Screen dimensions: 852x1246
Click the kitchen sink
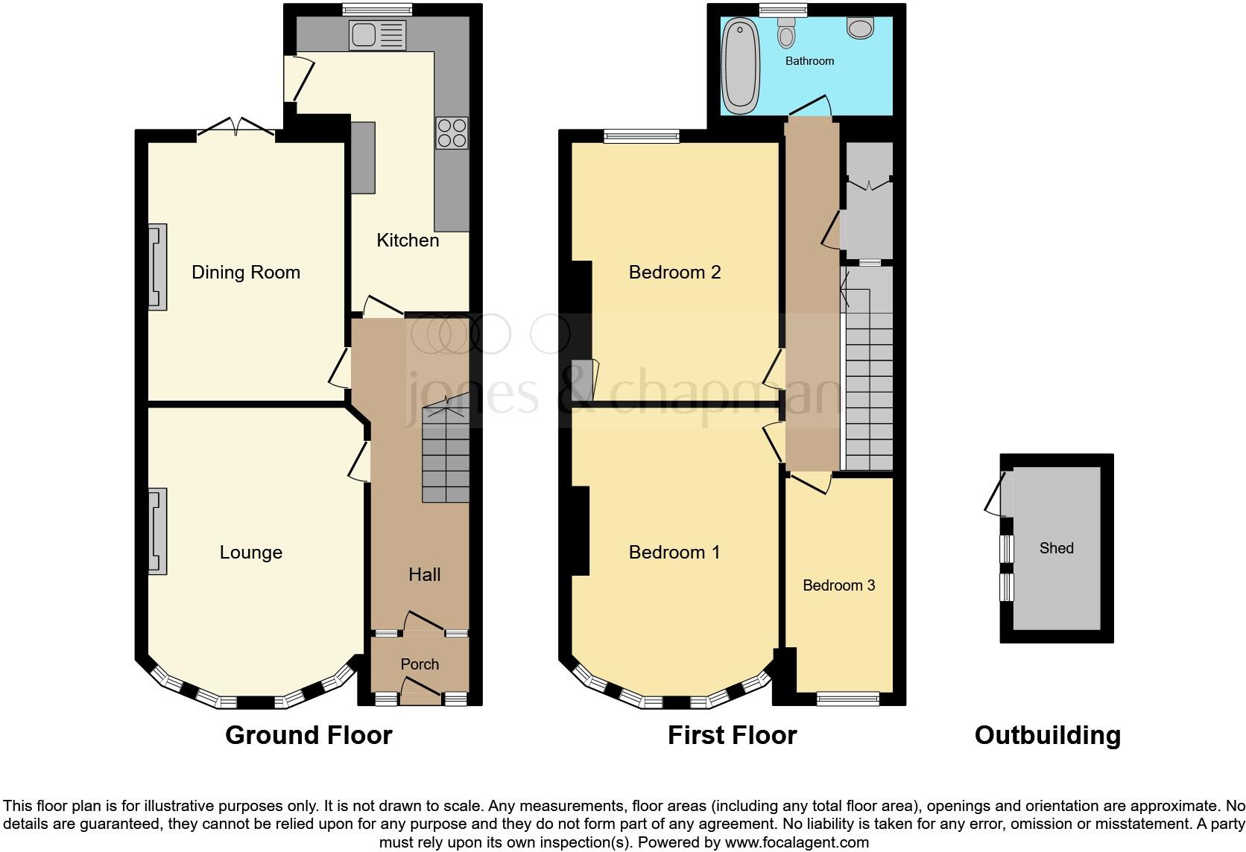pyautogui.click(x=378, y=35)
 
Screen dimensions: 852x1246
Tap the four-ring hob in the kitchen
pyautogui.click(x=452, y=133)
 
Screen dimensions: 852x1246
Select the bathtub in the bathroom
pyautogui.click(x=740, y=66)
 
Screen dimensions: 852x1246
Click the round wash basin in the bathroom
pyautogui.click(x=861, y=28)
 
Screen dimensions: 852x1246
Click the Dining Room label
pyautogui.click(x=245, y=273)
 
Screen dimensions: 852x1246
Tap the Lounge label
pyautogui.click(x=250, y=553)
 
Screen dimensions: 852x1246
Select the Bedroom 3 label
pyautogui.click(x=838, y=585)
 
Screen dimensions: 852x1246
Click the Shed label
pyautogui.click(x=1056, y=548)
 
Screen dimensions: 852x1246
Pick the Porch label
pyautogui.click(x=420, y=664)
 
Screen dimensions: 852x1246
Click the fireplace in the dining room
pyautogui.click(x=156, y=267)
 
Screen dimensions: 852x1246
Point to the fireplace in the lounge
pyautogui.click(x=156, y=531)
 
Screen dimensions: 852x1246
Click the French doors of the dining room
pyautogui.click(x=236, y=128)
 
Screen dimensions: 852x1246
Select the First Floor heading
pyautogui.click(x=732, y=735)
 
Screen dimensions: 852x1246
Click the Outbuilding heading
pyautogui.click(x=1047, y=735)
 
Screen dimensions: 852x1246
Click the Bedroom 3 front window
pyautogui.click(x=848, y=699)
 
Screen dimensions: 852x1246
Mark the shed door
pyautogui.click(x=995, y=493)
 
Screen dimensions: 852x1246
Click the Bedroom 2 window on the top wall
pyautogui.click(x=641, y=136)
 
